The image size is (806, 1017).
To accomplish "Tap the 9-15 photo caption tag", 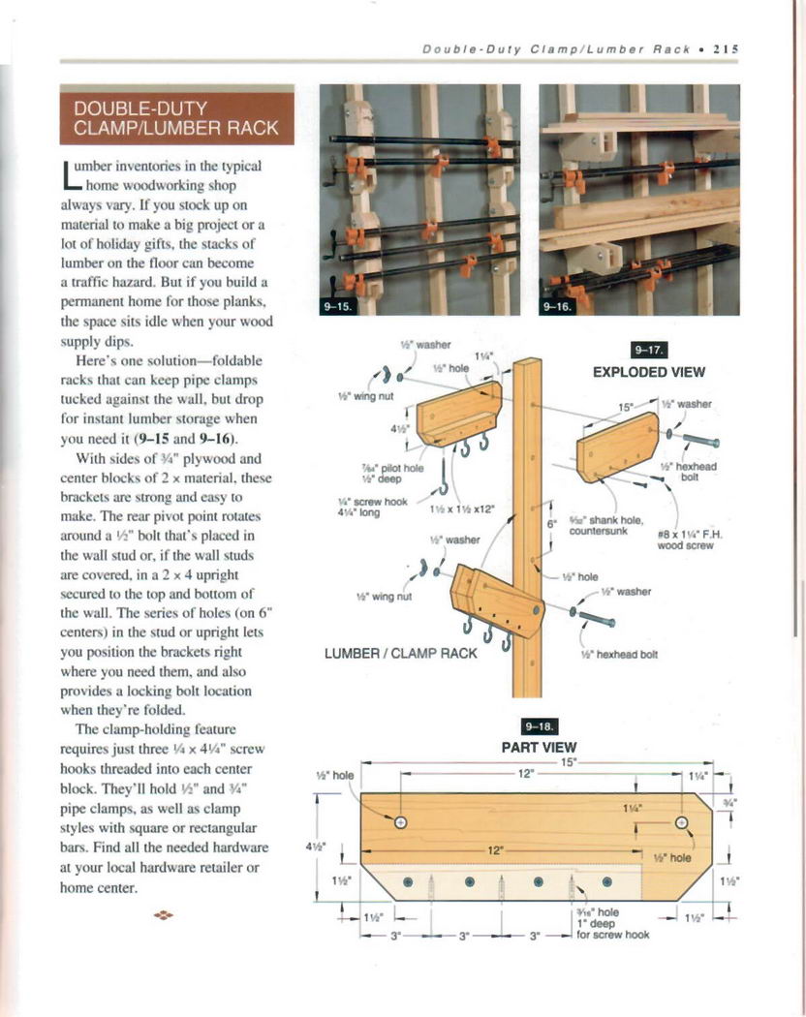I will coord(341,305).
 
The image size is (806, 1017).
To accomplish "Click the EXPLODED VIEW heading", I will coord(648,371).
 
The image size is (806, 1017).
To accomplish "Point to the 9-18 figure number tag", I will coord(538,727).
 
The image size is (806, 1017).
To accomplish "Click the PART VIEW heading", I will coord(539,747).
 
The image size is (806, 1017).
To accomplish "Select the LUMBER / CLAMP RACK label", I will coord(400,653).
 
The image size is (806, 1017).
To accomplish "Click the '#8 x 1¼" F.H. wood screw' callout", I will coord(685,539).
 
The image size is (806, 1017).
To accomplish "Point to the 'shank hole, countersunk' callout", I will coord(600,524).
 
